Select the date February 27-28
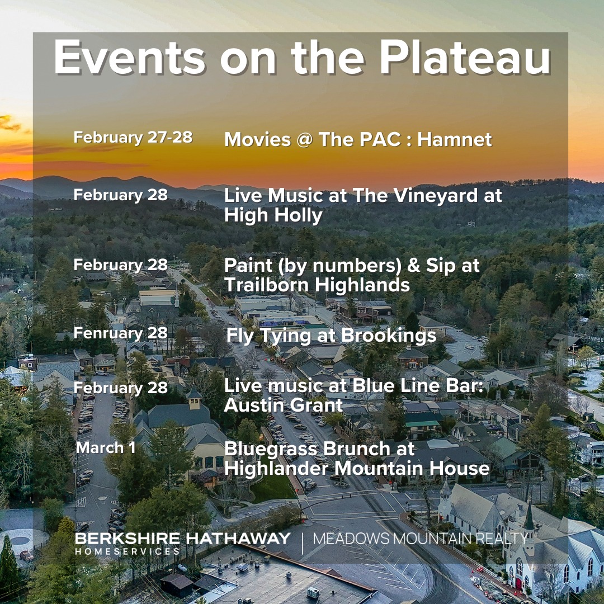pos(133,138)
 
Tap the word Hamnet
pos(455,139)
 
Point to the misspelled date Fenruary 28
pos(121,333)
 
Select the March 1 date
pos(106,447)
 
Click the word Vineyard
pos(415,196)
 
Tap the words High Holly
pos(273,215)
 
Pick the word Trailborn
pos(267,285)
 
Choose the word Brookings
pos(389,336)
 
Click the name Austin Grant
pos(284,405)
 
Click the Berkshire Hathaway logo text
pos(182,538)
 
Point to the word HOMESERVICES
pos(128,551)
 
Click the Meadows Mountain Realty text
pos(420,539)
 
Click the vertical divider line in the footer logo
pos(302,542)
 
